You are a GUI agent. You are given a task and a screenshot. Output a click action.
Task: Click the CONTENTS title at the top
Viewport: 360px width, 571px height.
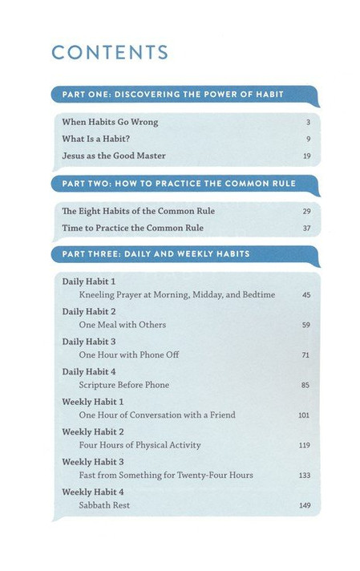[x=110, y=53]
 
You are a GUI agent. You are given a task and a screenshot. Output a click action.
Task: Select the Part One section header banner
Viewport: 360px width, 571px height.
[x=183, y=94]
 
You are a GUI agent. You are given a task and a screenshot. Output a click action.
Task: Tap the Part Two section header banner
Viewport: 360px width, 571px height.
[x=183, y=184]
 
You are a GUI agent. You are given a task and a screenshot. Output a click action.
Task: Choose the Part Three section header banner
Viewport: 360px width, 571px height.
[x=183, y=254]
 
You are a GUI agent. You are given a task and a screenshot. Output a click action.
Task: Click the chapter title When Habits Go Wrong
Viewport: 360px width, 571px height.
[x=110, y=122]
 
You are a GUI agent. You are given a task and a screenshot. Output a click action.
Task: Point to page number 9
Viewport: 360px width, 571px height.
[x=308, y=139]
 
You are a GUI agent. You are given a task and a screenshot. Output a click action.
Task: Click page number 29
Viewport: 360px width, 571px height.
[x=306, y=212]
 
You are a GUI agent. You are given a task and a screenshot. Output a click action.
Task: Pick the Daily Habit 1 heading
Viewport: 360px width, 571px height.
[x=89, y=281]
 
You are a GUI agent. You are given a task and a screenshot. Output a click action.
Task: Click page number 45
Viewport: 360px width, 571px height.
[x=306, y=295]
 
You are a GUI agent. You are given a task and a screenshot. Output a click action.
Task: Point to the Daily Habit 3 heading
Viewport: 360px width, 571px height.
[x=89, y=342]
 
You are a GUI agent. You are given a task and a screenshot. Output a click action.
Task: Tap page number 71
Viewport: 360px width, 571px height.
[x=306, y=355]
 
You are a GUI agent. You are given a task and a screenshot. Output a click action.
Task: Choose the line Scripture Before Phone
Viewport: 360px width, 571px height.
[x=124, y=385]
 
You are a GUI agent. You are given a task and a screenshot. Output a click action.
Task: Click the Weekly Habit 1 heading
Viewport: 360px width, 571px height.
[x=93, y=401]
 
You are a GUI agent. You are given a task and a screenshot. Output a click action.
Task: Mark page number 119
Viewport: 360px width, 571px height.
[x=305, y=445]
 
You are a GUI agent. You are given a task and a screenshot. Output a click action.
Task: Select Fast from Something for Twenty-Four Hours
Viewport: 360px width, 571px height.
[x=166, y=475]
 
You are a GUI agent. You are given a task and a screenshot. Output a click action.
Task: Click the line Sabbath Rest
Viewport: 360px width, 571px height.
[x=104, y=505]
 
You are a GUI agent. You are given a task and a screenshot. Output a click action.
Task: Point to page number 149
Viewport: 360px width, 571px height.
[x=305, y=505]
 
